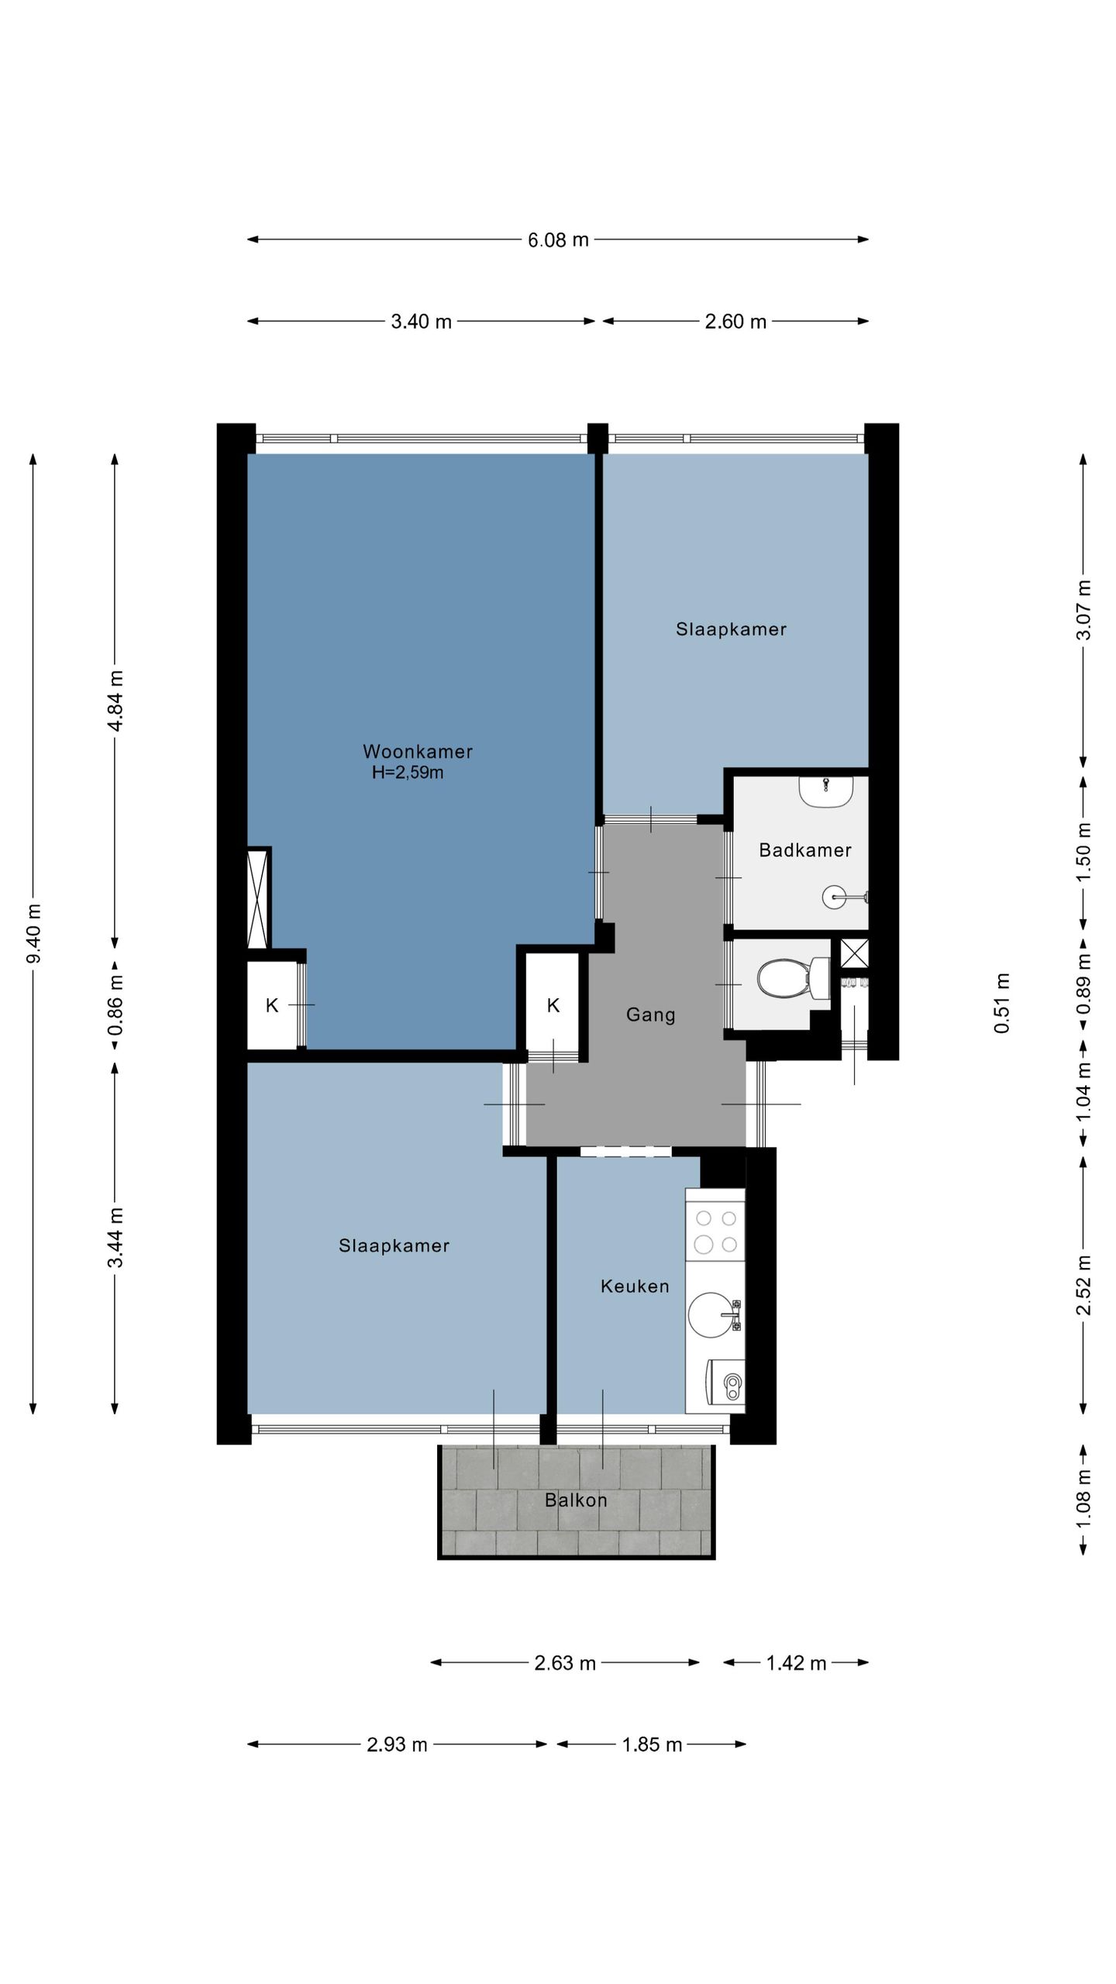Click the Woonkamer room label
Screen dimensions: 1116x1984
[417, 751]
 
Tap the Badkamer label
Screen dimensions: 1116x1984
[805, 850]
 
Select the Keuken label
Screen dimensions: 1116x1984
[635, 1286]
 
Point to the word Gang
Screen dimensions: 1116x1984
[651, 1014]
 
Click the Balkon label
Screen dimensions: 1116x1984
[576, 1500]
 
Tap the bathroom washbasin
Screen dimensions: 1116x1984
[826, 790]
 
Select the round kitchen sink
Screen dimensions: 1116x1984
[711, 1314]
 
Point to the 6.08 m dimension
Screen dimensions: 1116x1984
[558, 240]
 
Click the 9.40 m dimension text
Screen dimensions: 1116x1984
[34, 933]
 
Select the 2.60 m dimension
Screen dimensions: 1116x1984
[735, 322]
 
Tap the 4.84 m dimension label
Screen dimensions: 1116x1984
[115, 701]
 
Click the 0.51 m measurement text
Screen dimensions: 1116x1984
[1002, 1003]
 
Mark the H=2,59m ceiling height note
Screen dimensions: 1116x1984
[408, 773]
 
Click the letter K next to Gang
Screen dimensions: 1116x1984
[553, 1005]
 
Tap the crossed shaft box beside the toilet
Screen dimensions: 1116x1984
[854, 952]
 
